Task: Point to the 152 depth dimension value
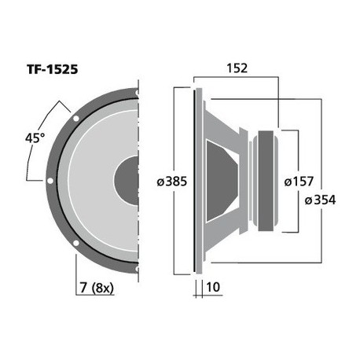235,68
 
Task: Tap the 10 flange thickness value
212,288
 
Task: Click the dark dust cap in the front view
129,180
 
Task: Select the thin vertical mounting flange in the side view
193,180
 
